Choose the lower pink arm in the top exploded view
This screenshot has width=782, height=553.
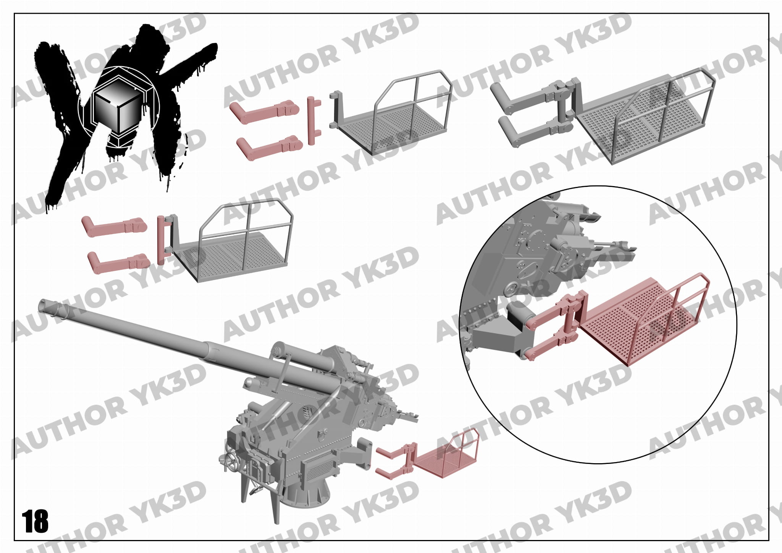(270, 147)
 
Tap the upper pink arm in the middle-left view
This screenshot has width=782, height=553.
(114, 225)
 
